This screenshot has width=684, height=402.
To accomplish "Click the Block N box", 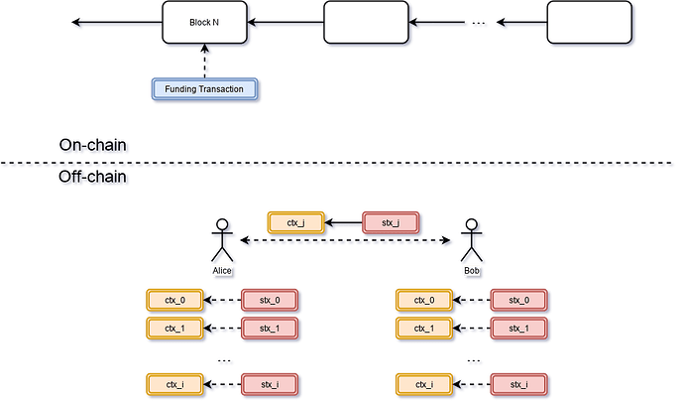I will click(204, 22).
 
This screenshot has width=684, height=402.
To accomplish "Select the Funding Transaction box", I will click(203, 89).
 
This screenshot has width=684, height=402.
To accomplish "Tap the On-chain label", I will click(94, 146).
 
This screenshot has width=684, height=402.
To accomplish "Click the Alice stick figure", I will click(222, 242).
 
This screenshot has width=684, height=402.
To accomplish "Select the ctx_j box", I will click(294, 223).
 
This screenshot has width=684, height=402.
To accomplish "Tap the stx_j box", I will click(392, 223).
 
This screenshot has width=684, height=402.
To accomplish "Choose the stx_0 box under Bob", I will click(519, 300).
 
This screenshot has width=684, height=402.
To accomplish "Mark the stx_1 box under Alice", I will click(271, 328).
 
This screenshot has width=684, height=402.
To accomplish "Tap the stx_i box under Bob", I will click(519, 384).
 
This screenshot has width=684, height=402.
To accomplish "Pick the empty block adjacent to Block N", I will click(366, 22).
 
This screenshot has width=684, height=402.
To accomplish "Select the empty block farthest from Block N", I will click(590, 22).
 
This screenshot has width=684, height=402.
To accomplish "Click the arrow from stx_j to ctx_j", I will click(343, 223).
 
